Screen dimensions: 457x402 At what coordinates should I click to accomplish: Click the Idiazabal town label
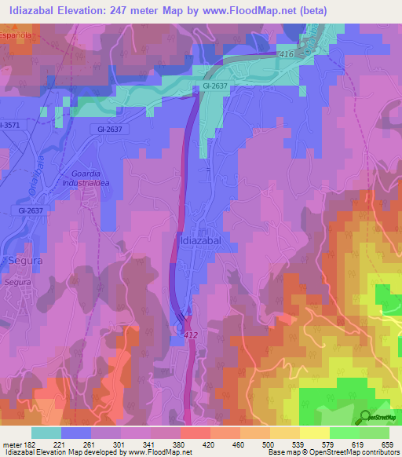pos(203,241)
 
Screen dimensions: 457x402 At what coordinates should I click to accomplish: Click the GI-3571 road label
pos(10,125)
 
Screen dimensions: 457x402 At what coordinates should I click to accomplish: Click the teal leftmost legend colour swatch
pos(46,433)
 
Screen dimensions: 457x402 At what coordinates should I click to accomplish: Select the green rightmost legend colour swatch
pos(374,433)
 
